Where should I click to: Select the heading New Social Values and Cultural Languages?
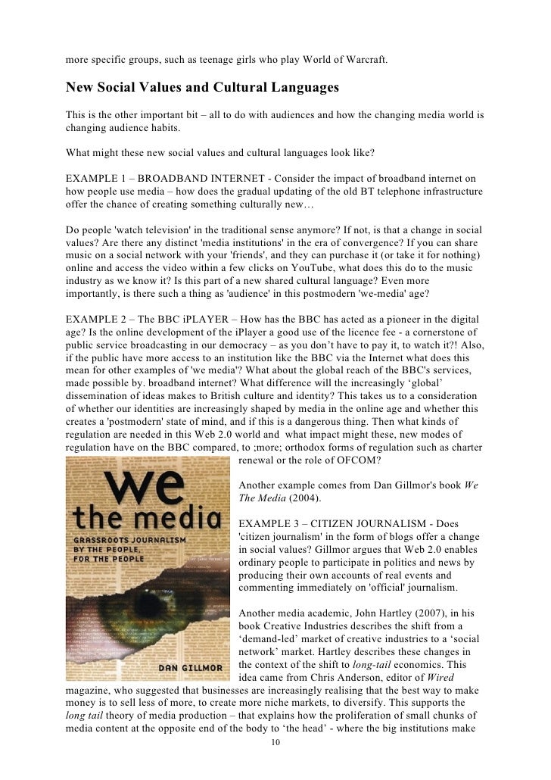(x=202, y=88)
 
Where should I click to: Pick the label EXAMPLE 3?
(x=269, y=524)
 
